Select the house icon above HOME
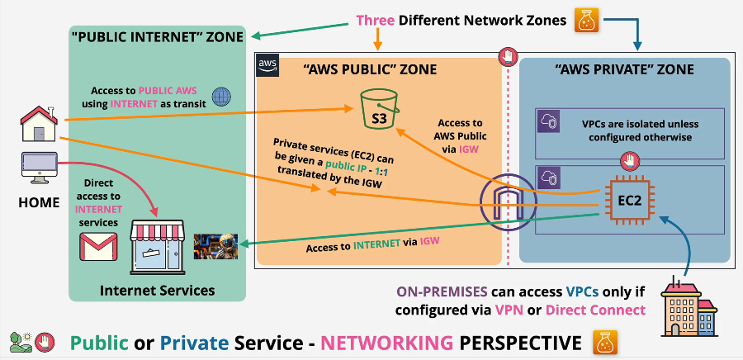[x=38, y=124]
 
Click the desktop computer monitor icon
[x=37, y=168]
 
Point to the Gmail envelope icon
[x=98, y=245]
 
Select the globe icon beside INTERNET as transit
[x=222, y=97]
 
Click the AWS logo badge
[x=267, y=63]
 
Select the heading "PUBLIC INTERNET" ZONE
[x=157, y=36]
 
